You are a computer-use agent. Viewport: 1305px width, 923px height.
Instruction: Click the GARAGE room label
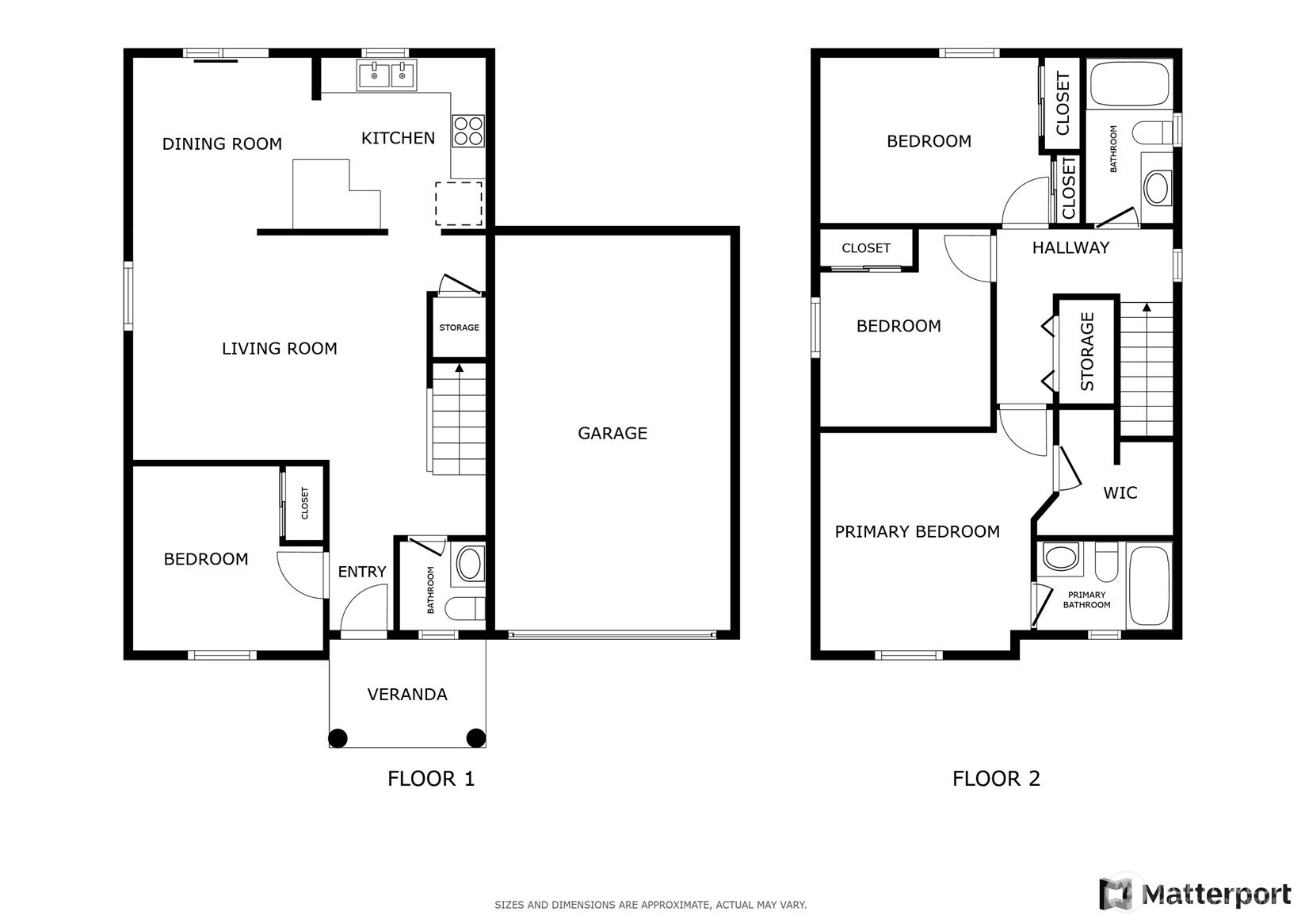click(612, 433)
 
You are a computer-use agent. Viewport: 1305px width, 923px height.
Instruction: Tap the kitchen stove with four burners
click(468, 131)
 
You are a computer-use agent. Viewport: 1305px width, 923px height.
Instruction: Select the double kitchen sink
click(387, 75)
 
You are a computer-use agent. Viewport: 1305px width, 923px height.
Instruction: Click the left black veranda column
click(338, 738)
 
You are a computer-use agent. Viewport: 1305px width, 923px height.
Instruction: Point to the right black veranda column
click(476, 737)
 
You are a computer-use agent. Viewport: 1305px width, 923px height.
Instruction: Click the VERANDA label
click(407, 695)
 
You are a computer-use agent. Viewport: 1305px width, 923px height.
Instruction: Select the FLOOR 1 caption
click(431, 779)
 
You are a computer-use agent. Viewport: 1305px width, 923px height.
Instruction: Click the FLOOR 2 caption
click(996, 779)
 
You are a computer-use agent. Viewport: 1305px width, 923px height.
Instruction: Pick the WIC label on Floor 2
click(1120, 493)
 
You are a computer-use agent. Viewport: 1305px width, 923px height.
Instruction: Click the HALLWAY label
click(1070, 248)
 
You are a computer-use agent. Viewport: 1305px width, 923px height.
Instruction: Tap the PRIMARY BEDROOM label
click(917, 532)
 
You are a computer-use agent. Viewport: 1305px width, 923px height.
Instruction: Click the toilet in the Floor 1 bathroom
click(465, 609)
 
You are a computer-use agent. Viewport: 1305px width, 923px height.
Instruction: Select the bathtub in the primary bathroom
click(1150, 586)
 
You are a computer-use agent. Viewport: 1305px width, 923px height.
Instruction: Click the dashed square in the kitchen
click(459, 204)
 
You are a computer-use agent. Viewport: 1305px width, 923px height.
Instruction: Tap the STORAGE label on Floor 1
click(459, 327)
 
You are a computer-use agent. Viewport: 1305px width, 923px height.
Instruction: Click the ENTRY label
click(362, 572)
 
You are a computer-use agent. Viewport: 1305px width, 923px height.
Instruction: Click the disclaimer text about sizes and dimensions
click(651, 905)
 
